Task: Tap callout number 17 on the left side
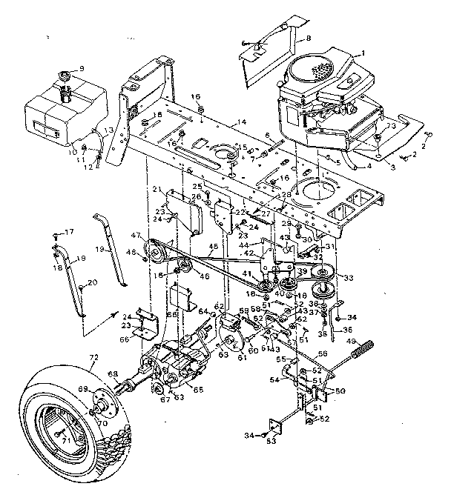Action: point(70,233)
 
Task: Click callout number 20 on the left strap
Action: point(92,283)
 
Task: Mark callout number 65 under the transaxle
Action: point(199,388)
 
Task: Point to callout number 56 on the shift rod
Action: point(323,353)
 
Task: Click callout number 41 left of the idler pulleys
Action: point(246,274)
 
